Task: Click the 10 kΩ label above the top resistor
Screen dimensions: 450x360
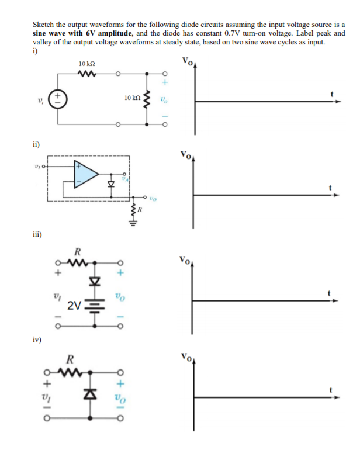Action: (87, 63)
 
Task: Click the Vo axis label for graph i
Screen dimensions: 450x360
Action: (187, 61)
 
